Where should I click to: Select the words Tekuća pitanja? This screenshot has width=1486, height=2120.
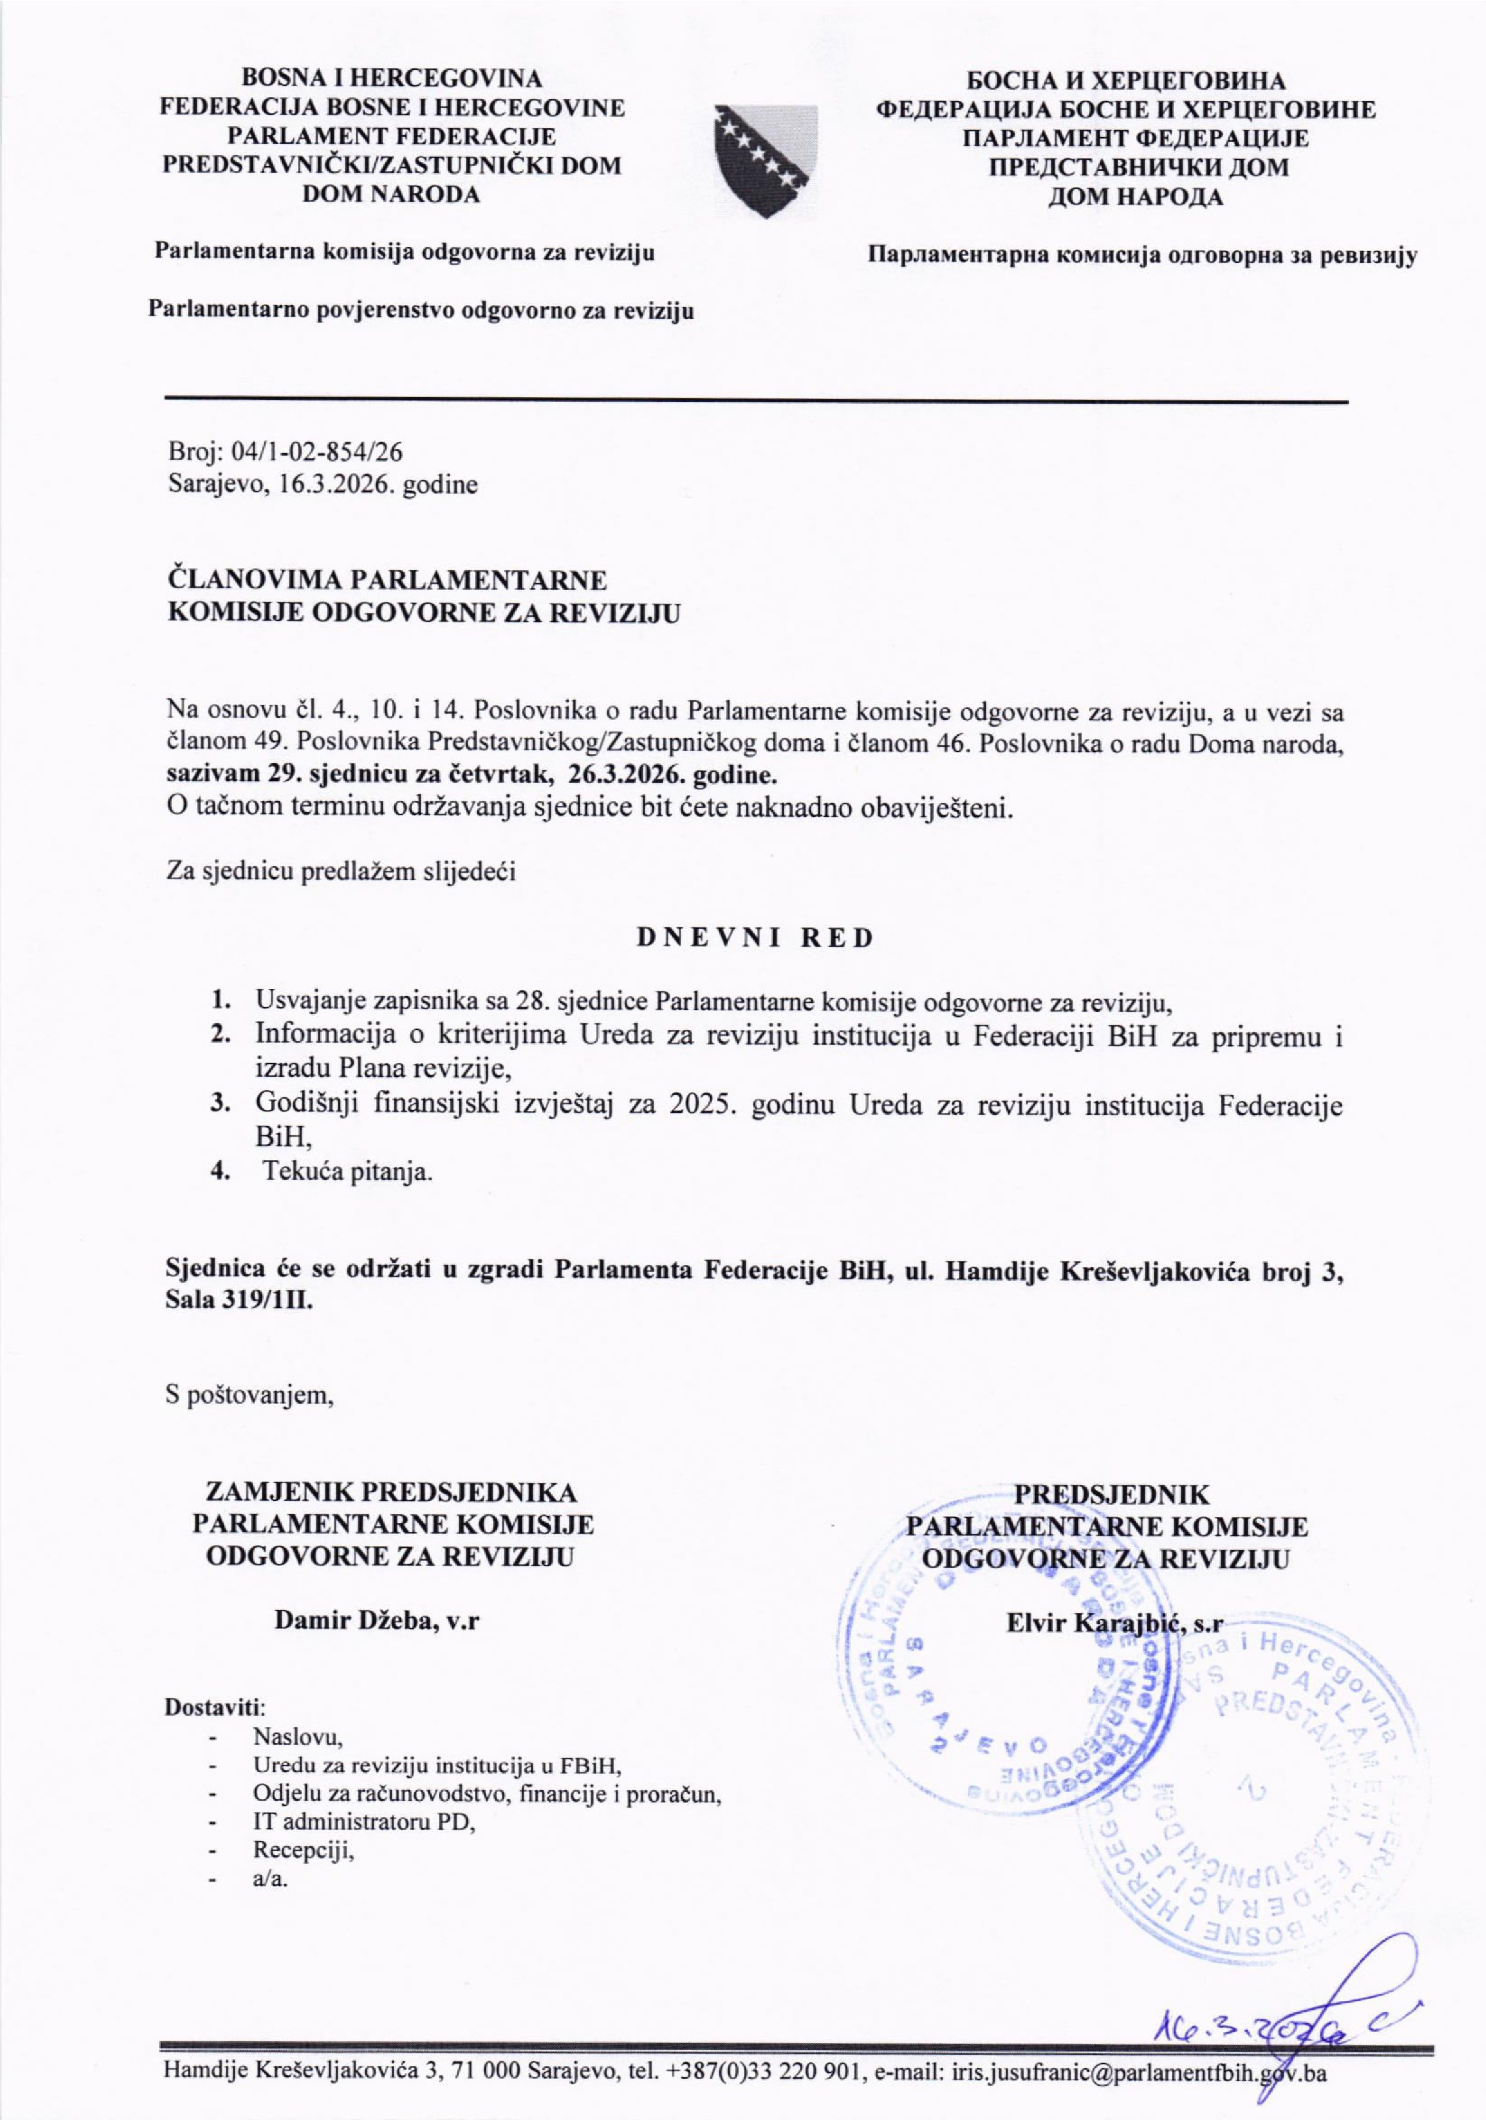click(348, 1174)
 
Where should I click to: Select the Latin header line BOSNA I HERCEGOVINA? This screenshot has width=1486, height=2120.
click(392, 78)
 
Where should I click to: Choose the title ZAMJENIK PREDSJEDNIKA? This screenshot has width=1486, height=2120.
click(392, 1493)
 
